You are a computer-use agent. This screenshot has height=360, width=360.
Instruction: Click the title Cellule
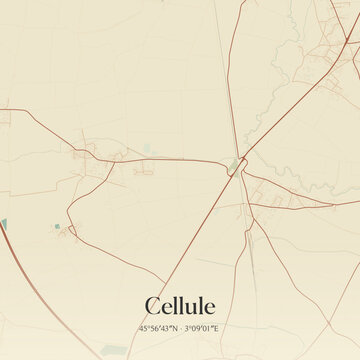180,306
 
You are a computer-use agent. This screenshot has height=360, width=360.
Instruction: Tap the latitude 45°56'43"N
158,328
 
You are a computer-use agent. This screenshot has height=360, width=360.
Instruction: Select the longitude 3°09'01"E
203,328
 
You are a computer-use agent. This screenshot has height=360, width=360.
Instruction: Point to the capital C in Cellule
153,306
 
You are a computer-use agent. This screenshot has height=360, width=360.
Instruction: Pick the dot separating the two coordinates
180,328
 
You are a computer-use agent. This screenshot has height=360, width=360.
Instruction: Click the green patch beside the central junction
235,161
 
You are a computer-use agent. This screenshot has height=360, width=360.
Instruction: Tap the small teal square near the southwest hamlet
57,228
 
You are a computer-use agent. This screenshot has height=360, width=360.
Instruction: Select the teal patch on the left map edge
3,225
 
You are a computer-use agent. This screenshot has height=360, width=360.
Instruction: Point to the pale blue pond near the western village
148,150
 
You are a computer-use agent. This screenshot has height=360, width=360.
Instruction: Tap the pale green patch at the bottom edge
114,350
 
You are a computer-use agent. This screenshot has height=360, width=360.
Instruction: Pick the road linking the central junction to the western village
170,159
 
